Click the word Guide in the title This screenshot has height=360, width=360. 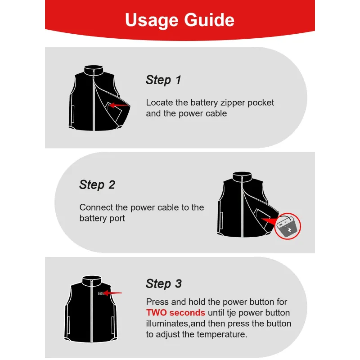[209, 20]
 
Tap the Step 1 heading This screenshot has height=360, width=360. [163, 80]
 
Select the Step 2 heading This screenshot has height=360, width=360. [97, 185]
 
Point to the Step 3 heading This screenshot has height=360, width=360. [164, 283]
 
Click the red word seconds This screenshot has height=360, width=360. [187, 313]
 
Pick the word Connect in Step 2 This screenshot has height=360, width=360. [96, 207]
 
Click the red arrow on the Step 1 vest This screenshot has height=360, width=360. [119, 105]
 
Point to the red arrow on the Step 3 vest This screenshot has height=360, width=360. [112, 293]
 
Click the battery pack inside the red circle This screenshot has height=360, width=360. [287, 227]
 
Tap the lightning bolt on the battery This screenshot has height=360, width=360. [289, 230]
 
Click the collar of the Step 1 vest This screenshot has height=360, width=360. [94, 70]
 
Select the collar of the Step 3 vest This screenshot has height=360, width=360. [92, 281]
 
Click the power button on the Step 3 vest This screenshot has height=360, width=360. [100, 293]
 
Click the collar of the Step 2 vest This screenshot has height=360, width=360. [242, 177]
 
